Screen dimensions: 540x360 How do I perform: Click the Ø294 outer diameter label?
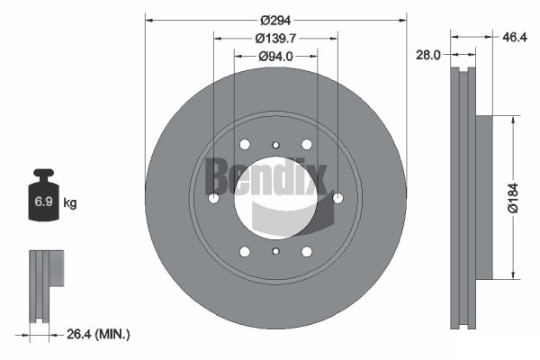pyautogui.click(x=275, y=21)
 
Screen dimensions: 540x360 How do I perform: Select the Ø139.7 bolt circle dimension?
pyautogui.click(x=275, y=38)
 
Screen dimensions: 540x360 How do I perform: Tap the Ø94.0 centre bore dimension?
pyautogui.click(x=275, y=56)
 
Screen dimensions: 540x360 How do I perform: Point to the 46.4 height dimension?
pyautogui.click(x=515, y=37)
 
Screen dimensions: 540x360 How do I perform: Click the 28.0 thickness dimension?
pyautogui.click(x=428, y=55)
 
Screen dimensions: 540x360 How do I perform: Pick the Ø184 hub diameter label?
pyautogui.click(x=513, y=198)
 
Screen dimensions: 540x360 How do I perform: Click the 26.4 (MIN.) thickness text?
pyautogui.click(x=98, y=334)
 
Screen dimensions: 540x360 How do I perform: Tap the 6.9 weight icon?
pyautogui.click(x=43, y=194)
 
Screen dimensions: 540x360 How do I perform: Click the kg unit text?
pyautogui.click(x=70, y=202)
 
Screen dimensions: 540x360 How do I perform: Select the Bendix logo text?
pyautogui.click(x=265, y=176)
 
